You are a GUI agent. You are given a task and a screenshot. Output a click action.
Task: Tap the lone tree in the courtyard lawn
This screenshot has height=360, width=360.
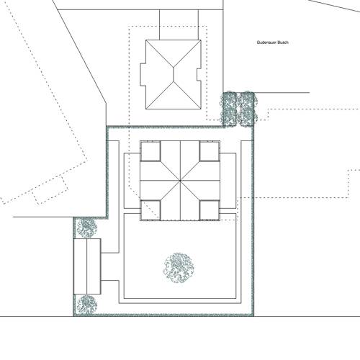178,269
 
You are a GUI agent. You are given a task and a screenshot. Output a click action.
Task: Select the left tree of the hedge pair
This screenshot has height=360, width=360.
230,109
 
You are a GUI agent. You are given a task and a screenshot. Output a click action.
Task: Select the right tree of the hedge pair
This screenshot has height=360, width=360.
248,109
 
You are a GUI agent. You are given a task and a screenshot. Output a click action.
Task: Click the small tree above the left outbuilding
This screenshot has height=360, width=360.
87,228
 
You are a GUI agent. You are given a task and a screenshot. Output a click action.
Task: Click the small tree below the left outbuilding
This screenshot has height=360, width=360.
87,305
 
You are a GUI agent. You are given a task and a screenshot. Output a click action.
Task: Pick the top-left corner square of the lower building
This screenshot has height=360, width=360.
150,150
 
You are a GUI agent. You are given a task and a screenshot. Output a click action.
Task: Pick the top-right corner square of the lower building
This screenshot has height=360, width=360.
208,150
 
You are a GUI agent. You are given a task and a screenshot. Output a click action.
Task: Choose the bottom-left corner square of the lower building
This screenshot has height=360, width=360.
150,209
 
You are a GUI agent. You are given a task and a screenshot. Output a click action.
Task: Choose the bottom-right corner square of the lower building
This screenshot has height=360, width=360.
208,209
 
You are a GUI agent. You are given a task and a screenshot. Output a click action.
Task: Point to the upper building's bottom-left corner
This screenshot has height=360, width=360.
147,110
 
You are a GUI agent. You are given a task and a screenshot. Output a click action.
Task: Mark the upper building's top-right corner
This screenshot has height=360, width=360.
199,40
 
